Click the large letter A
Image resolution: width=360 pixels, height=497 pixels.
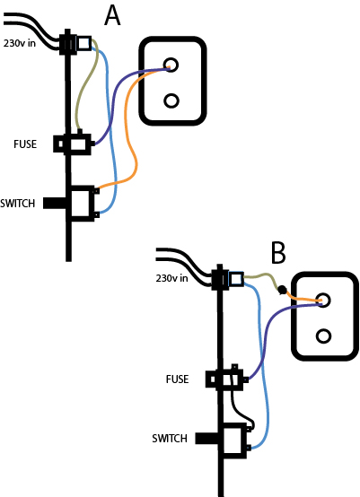pos(112,15)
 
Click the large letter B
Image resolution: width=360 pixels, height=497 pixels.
pos(278,253)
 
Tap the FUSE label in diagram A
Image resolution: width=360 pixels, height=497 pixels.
pos(25,144)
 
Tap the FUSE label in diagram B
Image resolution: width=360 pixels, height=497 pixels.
pos(177,379)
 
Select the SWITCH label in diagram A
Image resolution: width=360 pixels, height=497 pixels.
pos(18,203)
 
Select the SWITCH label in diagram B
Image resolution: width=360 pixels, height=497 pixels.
pos(170,439)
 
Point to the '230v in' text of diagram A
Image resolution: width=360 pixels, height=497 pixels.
pos(20,43)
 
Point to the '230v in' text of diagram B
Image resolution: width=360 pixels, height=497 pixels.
pos(171,278)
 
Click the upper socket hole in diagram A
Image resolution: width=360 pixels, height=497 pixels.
pos(171,65)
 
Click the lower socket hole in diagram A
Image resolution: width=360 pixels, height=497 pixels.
pos(171,100)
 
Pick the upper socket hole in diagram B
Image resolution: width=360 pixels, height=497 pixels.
pos(323,300)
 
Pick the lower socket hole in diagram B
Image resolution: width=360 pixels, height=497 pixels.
pos(323,336)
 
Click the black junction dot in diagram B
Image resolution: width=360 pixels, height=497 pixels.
pos(282,290)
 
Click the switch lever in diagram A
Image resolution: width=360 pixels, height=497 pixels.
pos(55,203)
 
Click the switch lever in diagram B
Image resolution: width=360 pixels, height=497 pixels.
pos(207,438)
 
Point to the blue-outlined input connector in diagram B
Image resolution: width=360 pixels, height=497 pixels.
pos(236,279)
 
